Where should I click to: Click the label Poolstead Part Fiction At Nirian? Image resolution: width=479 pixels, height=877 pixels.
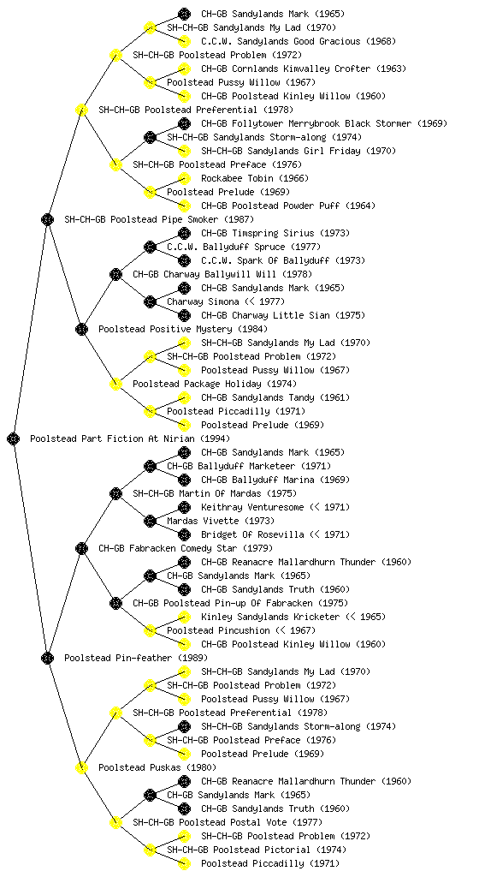pos(129,439)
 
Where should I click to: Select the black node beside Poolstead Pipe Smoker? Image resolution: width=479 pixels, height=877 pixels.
pos(47,220)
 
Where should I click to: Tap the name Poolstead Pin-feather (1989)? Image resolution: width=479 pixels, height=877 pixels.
pos(136,659)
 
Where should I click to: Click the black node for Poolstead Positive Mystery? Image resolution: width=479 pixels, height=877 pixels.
pos(81,330)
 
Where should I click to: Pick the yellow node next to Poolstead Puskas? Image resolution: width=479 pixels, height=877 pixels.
pos(81,768)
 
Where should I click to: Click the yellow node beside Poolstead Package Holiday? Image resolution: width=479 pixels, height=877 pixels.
pos(115,385)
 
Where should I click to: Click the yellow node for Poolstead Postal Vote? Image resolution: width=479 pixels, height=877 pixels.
pos(115,823)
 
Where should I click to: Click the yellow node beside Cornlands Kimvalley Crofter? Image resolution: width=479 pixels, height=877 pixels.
pos(184,69)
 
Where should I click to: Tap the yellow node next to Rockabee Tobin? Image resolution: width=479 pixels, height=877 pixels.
pos(184,178)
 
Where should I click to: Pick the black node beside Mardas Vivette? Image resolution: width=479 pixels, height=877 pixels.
pos(150,522)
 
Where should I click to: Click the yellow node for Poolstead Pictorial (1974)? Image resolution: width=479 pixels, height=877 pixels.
pos(150,850)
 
